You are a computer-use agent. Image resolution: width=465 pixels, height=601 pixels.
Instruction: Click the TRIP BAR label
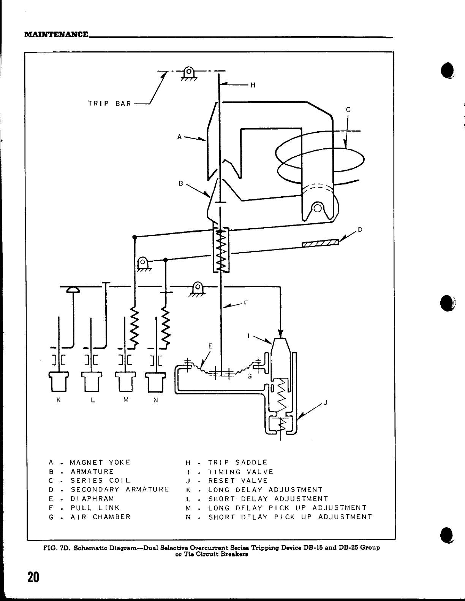109,103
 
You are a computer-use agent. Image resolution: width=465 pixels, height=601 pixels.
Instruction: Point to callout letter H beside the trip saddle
253,85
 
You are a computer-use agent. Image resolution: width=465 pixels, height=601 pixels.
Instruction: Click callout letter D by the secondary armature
360,230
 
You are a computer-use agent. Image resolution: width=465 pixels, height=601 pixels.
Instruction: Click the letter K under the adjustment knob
59,400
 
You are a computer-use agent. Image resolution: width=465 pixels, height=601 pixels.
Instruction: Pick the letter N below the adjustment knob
155,400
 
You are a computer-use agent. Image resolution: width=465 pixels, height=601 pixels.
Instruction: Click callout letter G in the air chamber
250,377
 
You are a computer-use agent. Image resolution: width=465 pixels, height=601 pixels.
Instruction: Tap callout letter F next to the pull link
246,303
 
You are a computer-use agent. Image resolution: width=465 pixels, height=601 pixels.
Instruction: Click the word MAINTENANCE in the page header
56,35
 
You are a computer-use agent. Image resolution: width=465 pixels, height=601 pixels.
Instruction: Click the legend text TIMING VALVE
241,472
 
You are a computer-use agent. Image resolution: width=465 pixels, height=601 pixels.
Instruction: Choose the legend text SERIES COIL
100,481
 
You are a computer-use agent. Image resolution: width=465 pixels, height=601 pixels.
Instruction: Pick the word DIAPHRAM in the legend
92,499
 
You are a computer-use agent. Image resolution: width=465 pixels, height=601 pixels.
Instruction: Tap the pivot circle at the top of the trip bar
188,71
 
